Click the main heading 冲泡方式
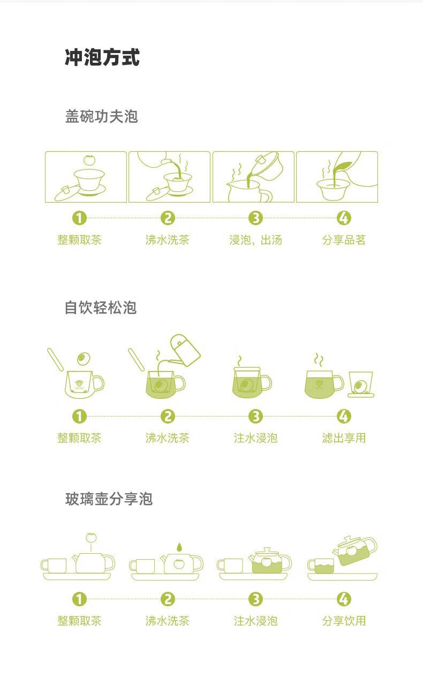tap(102, 57)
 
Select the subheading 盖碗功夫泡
tap(101, 116)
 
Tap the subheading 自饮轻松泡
tap(101, 308)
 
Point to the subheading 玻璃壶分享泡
tap(109, 499)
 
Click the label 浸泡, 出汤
tap(255, 240)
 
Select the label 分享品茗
tap(344, 240)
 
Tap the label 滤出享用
tap(344, 438)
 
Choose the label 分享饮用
tap(344, 621)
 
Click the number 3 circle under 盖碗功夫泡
tap(256, 218)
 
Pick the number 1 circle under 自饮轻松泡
tap(79, 417)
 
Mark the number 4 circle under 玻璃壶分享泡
tap(344, 599)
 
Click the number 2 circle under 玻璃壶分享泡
tap(168, 599)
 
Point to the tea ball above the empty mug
tap(82, 358)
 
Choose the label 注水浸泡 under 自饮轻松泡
tap(255, 438)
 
